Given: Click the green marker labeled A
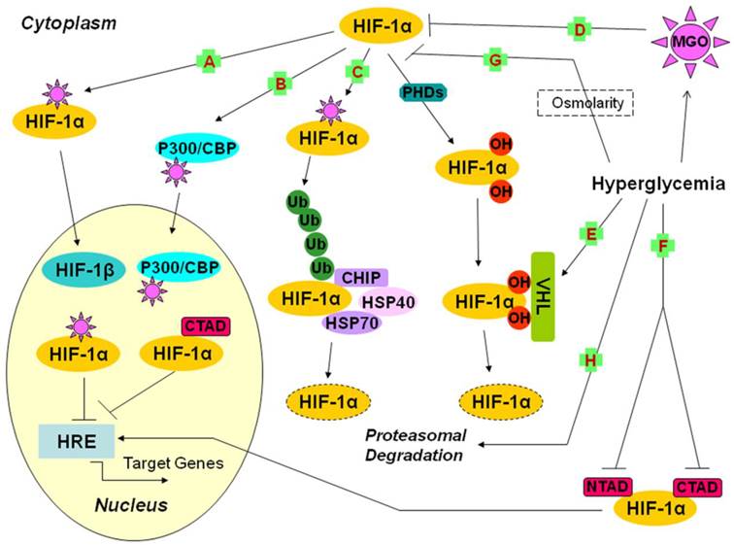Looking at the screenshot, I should click(x=206, y=61).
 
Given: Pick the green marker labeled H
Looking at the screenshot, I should click(x=589, y=360).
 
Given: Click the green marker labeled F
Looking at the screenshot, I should click(x=663, y=247).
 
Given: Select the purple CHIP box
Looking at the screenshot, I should click(x=362, y=278).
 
